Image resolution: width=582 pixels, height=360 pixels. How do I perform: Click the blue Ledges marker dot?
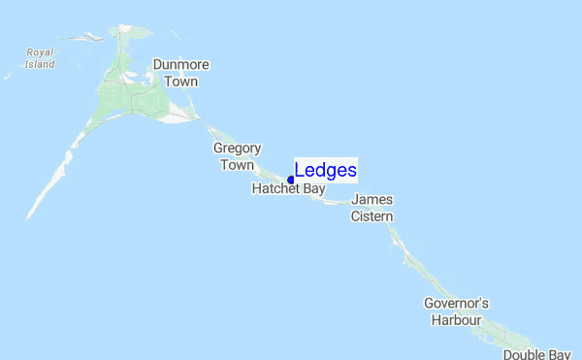291,180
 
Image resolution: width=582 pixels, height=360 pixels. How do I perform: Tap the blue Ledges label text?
326,171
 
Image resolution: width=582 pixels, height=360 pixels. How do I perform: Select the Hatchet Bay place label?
288,189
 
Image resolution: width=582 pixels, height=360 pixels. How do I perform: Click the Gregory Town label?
238,156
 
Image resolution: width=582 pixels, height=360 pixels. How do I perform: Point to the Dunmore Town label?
181,74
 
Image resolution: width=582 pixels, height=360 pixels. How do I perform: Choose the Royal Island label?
40,58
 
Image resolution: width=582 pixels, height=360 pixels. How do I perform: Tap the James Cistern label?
372,208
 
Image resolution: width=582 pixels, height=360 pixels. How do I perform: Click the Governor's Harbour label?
453,311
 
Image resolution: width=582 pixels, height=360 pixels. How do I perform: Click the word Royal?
40,52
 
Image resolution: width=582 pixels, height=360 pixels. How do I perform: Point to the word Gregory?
238,148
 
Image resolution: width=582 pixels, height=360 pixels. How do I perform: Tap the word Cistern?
372,215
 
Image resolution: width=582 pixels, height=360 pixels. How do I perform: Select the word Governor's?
453,304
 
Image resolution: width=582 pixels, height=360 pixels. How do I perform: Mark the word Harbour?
453,319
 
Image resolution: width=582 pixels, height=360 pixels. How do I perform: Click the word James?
372,200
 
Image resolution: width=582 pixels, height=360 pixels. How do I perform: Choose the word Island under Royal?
40,64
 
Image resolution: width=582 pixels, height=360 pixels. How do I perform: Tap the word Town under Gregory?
238,165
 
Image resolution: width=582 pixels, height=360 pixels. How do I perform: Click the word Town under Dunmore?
181,82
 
